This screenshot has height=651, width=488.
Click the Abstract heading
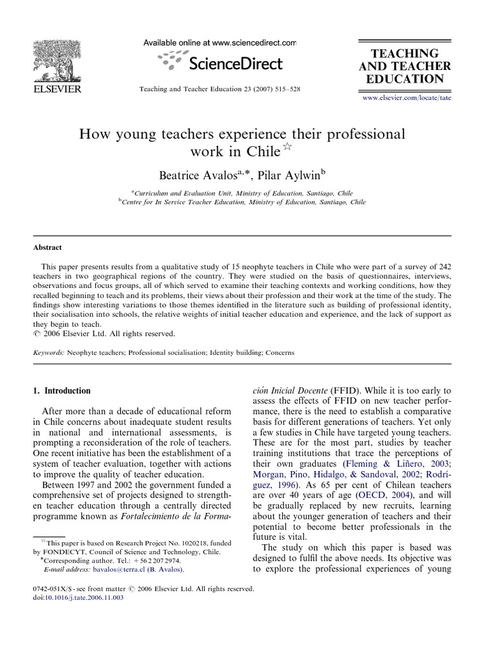coord(48,248)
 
